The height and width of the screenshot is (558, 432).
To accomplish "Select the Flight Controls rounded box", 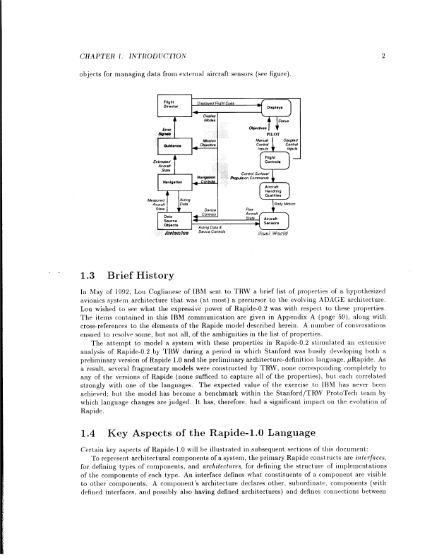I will (274, 161).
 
